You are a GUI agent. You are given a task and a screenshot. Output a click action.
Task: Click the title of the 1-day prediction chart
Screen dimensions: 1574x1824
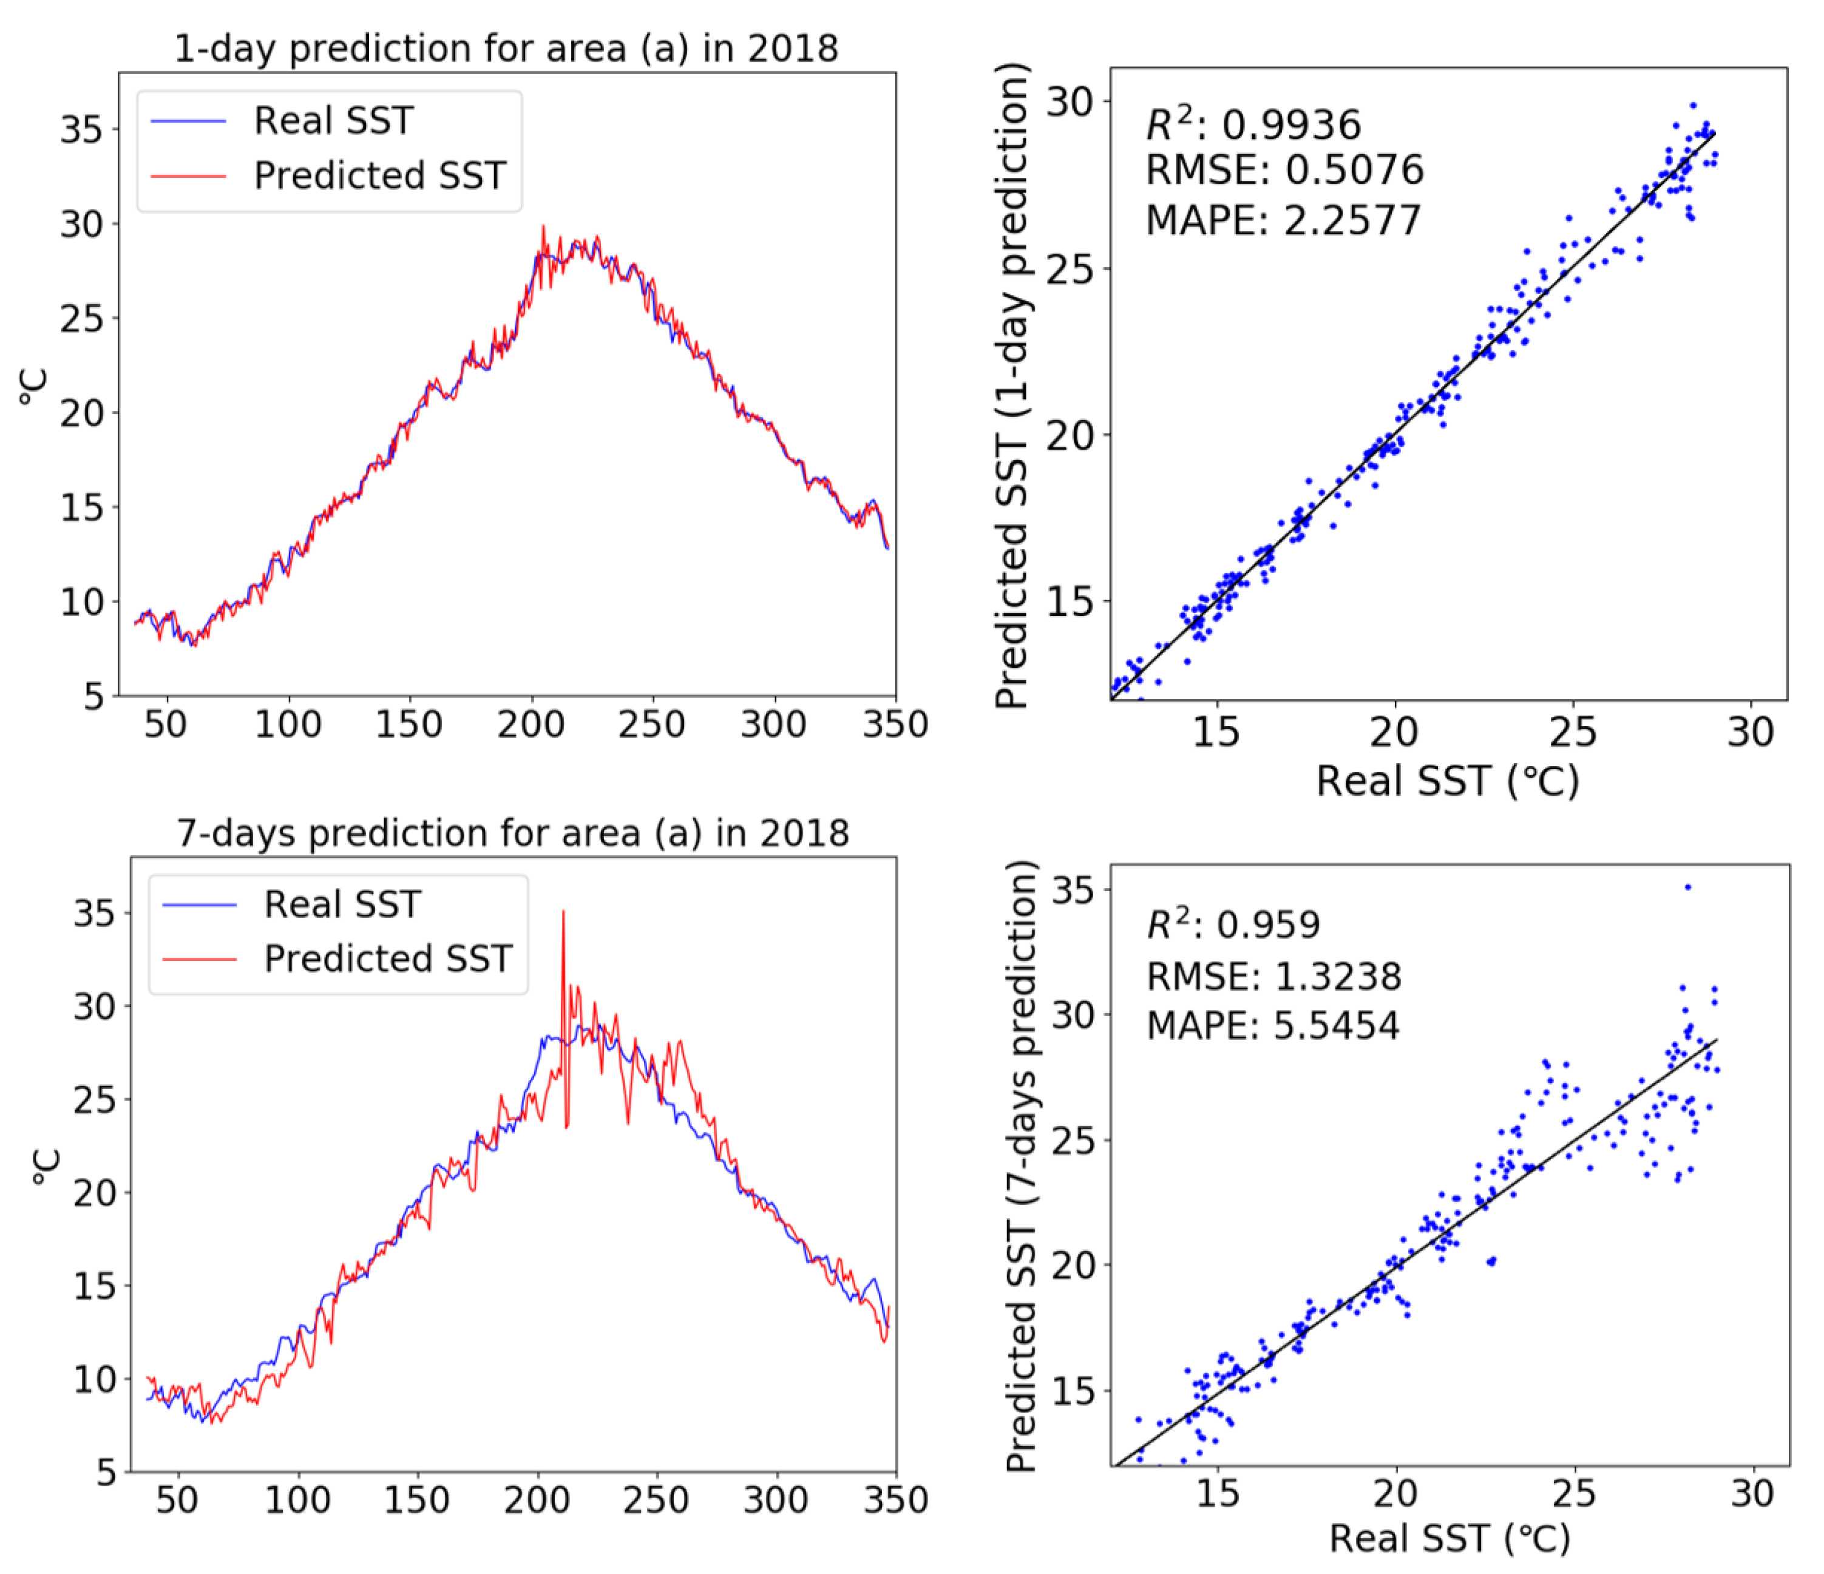coord(506,49)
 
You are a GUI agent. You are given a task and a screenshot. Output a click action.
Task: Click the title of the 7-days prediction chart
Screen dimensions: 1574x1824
coord(514,833)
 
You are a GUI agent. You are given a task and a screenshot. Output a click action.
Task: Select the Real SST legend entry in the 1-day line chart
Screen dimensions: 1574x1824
coord(333,121)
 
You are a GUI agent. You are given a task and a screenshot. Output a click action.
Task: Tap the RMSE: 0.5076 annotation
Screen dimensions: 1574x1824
coord(1284,170)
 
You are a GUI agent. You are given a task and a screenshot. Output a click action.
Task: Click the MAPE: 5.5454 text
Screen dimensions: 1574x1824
coord(1272,1026)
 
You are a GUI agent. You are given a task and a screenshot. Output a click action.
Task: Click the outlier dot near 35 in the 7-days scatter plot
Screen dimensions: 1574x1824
coord(1687,887)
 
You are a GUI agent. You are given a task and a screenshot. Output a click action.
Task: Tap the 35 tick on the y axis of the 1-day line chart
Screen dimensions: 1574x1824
coord(81,129)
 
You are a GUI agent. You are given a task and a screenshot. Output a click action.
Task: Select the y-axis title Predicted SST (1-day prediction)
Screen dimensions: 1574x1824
coord(1012,385)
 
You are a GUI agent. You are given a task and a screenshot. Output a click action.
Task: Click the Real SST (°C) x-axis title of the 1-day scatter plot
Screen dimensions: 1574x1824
coord(1447,781)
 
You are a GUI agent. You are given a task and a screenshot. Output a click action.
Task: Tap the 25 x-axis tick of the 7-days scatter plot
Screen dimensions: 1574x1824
coord(1574,1494)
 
